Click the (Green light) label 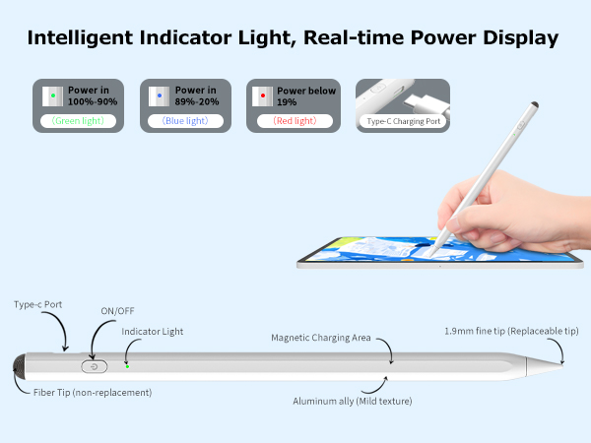(78, 121)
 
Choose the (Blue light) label (185, 121)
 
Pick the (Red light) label (294, 121)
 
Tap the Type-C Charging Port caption (402, 121)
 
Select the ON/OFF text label (117, 311)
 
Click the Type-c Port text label (38, 305)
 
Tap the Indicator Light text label (153, 332)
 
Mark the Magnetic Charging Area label (321, 338)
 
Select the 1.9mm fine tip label (511, 331)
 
